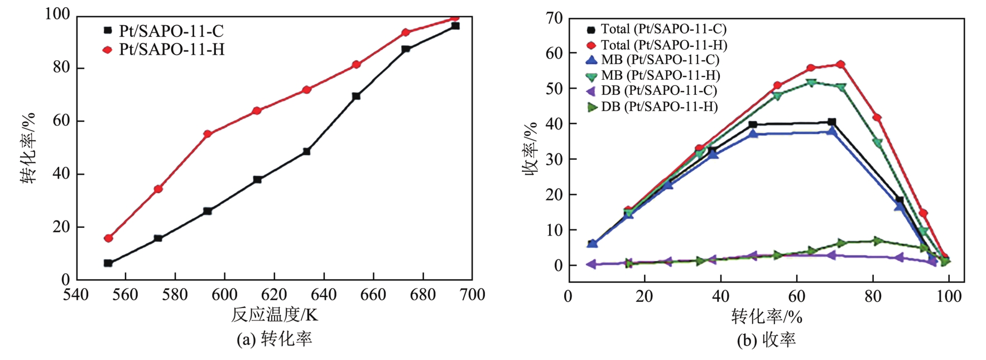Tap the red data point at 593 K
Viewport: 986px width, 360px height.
tap(207, 134)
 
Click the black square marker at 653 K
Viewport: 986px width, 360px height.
tap(356, 96)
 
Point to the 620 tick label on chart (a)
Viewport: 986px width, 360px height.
tap(274, 295)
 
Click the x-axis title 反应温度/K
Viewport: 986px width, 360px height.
tap(274, 315)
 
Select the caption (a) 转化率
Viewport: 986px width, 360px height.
tap(274, 339)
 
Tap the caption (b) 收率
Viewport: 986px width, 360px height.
tap(766, 340)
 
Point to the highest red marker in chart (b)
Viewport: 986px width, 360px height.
tap(840, 65)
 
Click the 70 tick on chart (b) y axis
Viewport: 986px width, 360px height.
tap(554, 18)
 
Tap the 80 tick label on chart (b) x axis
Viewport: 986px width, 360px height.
tap(873, 296)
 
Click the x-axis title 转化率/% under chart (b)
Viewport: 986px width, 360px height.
tap(766, 317)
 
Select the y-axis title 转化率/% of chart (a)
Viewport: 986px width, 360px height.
tap(28, 148)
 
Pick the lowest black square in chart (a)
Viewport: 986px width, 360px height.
tap(108, 263)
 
